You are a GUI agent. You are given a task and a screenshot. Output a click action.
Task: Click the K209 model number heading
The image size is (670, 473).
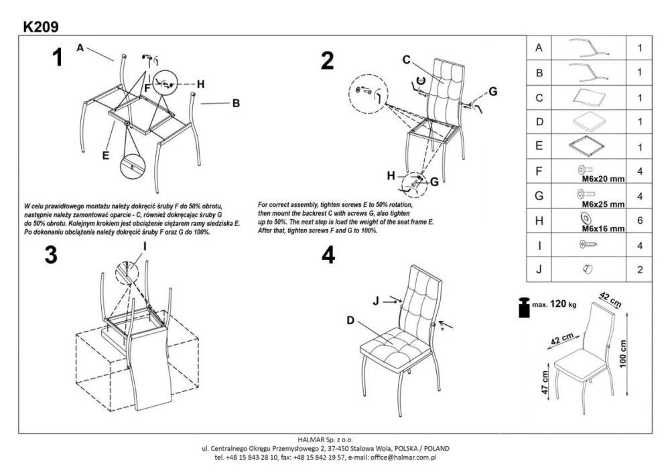coord(40,27)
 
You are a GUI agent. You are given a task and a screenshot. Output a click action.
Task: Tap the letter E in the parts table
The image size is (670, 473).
coord(539,144)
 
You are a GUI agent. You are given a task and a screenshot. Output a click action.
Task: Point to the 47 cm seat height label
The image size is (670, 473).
coord(544,383)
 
